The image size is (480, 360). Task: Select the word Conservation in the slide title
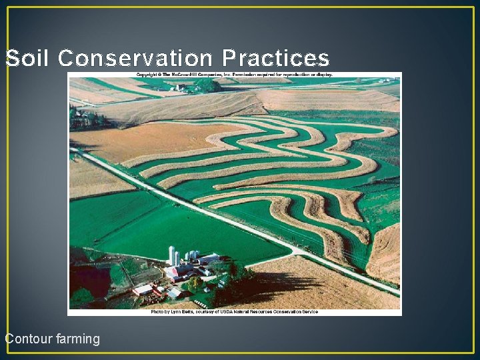point(136,59)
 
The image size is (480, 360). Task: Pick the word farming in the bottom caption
point(77,339)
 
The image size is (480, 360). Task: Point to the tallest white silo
point(171,255)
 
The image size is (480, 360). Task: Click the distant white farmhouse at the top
point(181,87)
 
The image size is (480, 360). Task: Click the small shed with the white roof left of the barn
point(142,289)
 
